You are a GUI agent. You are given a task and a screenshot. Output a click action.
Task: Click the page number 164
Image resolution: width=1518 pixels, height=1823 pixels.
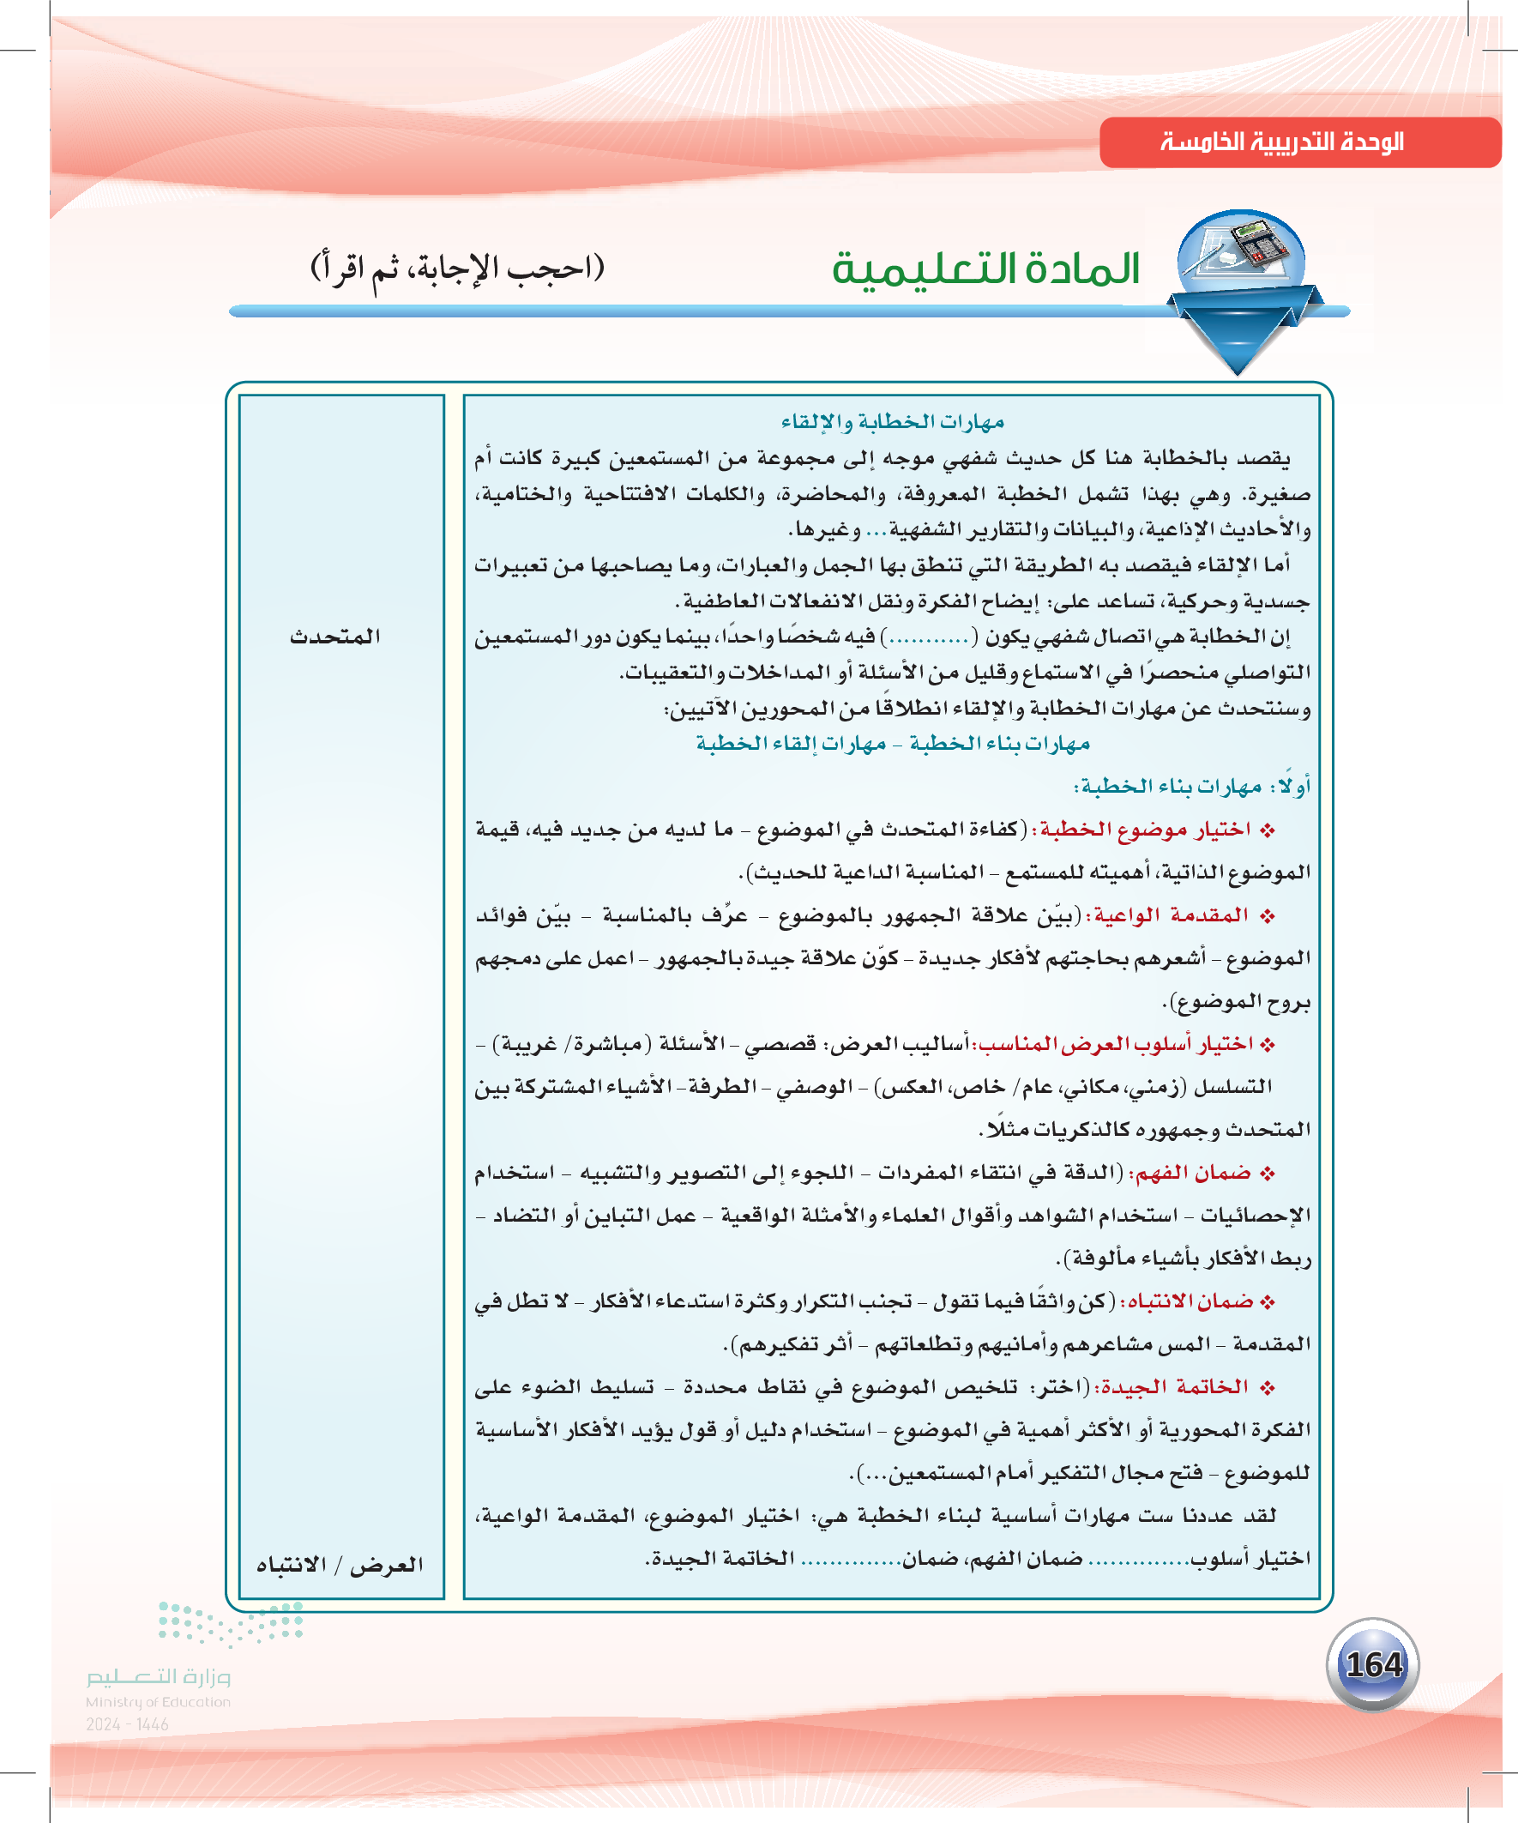click(x=1373, y=1665)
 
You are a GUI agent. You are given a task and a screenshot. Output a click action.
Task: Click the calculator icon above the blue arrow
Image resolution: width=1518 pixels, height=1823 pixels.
click(x=1241, y=251)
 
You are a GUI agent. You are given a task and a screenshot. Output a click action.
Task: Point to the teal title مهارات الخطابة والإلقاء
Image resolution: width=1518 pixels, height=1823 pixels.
click(x=892, y=422)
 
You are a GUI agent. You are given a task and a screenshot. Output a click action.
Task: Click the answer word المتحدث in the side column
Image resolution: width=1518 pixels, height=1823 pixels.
click(x=335, y=637)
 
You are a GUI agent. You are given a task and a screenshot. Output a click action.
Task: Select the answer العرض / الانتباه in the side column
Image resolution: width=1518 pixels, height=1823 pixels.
click(x=340, y=1564)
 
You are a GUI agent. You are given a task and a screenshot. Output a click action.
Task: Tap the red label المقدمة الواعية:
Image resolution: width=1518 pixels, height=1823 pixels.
click(x=1166, y=915)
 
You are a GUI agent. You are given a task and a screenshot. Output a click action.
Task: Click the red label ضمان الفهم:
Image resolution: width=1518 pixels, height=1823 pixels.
click(x=1188, y=1173)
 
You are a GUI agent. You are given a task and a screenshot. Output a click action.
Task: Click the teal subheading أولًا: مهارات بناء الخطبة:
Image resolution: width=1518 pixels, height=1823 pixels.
click(x=1191, y=787)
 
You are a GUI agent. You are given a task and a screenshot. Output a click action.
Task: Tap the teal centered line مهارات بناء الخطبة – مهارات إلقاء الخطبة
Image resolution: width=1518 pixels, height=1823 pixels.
click(x=892, y=744)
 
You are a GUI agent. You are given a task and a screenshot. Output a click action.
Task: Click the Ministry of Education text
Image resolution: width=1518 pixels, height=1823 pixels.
click(x=158, y=1702)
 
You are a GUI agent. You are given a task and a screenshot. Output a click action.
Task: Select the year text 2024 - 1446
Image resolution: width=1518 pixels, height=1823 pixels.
click(x=127, y=1724)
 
